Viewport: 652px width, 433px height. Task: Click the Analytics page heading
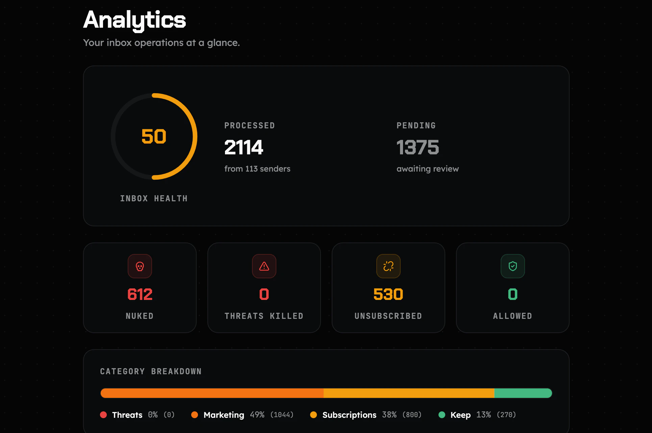[x=134, y=20]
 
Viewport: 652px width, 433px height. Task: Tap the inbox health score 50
[x=154, y=136]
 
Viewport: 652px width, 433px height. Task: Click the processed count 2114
[x=244, y=147]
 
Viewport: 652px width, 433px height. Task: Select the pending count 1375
[x=418, y=147]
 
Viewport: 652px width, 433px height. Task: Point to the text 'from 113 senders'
[x=257, y=169]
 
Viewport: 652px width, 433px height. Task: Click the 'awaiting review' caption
[x=427, y=169]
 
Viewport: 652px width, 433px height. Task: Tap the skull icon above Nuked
[x=140, y=266]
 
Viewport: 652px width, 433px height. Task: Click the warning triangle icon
[x=264, y=266]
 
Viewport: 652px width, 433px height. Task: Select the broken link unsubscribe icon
[x=388, y=266]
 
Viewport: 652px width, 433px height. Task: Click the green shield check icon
[x=513, y=266]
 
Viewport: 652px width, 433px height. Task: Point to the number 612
[x=140, y=294]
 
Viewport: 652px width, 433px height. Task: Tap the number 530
[x=388, y=294]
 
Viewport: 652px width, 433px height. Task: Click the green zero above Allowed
[x=513, y=294]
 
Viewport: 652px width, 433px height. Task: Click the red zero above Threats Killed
[x=264, y=294]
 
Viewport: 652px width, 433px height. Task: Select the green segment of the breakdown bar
[x=523, y=393]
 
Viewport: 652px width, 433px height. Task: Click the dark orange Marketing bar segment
[x=212, y=393]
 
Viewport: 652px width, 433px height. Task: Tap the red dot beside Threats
[x=103, y=415]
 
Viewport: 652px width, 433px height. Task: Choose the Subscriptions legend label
[x=349, y=415]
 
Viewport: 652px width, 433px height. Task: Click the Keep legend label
[x=460, y=415]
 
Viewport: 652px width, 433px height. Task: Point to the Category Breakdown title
[x=151, y=372]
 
